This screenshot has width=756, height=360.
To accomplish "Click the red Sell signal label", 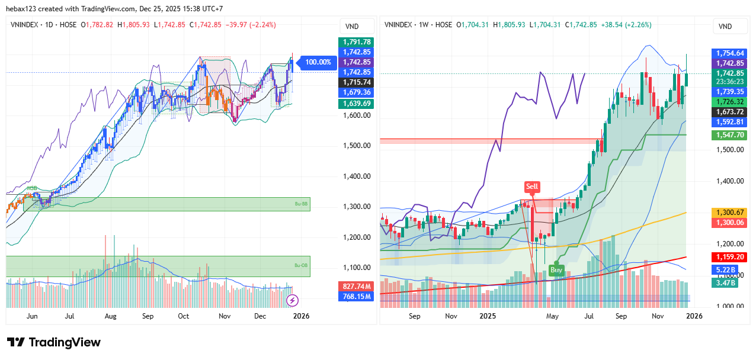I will (x=532, y=187).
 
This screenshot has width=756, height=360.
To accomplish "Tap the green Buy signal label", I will (x=556, y=269).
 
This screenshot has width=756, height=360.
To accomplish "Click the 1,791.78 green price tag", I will (x=356, y=42).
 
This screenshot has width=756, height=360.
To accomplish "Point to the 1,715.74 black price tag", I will (x=356, y=82).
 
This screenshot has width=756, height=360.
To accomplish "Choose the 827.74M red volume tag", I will (x=356, y=286).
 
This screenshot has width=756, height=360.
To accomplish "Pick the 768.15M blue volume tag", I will (x=356, y=296).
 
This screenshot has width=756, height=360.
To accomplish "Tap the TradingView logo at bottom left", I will (x=54, y=342).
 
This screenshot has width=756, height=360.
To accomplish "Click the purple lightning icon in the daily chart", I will (x=292, y=300).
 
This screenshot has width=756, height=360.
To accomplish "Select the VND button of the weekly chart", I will (x=725, y=27).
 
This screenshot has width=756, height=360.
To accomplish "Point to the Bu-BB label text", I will (x=302, y=204).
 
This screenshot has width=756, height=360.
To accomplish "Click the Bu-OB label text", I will (x=302, y=265).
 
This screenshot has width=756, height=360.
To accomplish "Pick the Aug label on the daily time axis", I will (x=110, y=316).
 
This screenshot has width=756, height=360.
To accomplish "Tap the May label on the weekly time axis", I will (x=552, y=316).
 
